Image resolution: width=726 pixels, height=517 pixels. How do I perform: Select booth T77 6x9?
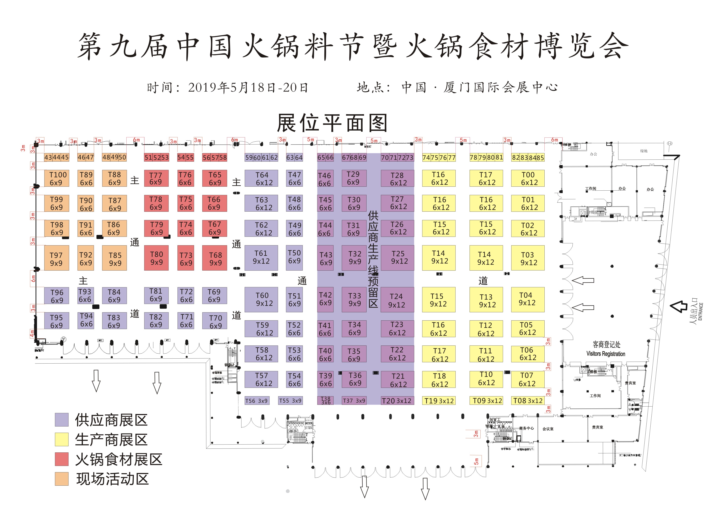pos(156,178)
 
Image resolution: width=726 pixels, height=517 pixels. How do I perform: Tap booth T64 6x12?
pos(261,178)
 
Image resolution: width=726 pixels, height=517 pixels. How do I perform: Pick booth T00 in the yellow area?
pos(528,178)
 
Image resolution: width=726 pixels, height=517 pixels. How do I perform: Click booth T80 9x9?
pos(156,258)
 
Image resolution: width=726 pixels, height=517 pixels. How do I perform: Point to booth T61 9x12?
pos(261,257)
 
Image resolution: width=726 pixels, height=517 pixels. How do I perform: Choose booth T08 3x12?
pos(528,401)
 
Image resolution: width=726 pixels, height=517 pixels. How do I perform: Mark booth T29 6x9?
pos(354,178)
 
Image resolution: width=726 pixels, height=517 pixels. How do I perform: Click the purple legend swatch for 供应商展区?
pos(62,420)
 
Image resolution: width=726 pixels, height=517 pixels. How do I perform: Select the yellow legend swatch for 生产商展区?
pos(62,439)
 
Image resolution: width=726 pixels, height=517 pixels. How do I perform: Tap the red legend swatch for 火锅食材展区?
pos(62,459)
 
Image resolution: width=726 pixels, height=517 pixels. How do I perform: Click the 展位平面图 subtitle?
pos(332,123)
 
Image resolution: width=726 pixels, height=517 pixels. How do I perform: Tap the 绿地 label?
pos(644,151)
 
